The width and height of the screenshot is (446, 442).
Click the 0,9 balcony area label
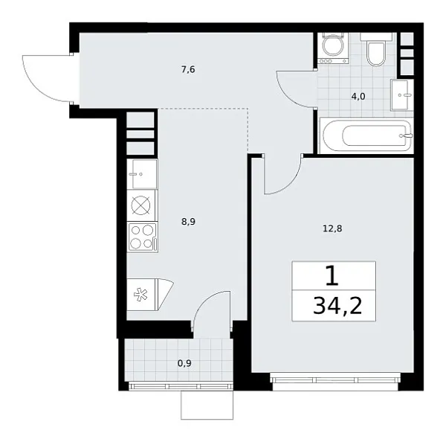[185, 364]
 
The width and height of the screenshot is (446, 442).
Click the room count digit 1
[332, 276]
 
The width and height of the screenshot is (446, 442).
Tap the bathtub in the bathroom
[364, 136]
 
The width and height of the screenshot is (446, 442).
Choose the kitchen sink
[141, 174]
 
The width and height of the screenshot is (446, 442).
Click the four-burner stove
[141, 237]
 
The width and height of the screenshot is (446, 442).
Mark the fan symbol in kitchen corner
[142, 294]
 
